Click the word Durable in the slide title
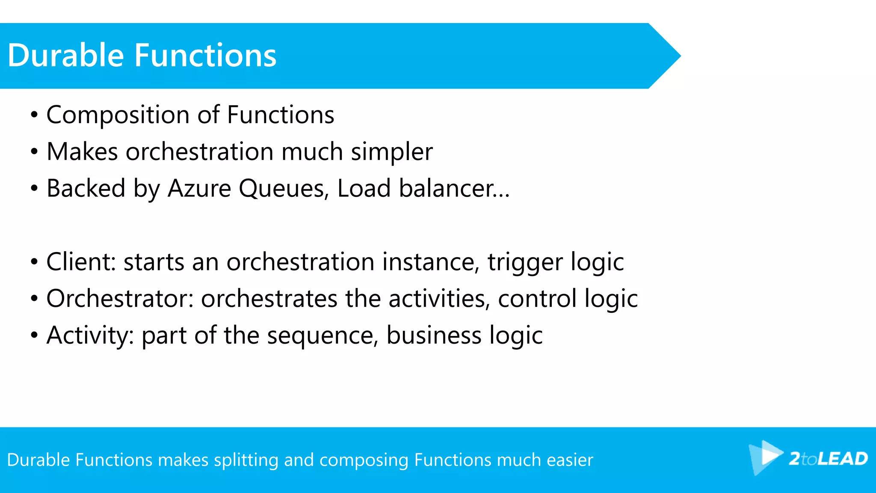point(65,56)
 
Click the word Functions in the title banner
point(205,56)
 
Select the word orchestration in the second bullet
point(199,152)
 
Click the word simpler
point(391,153)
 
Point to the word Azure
point(199,189)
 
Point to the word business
point(434,336)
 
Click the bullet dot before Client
point(34,262)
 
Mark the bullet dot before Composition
point(34,116)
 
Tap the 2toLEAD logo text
point(828,459)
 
